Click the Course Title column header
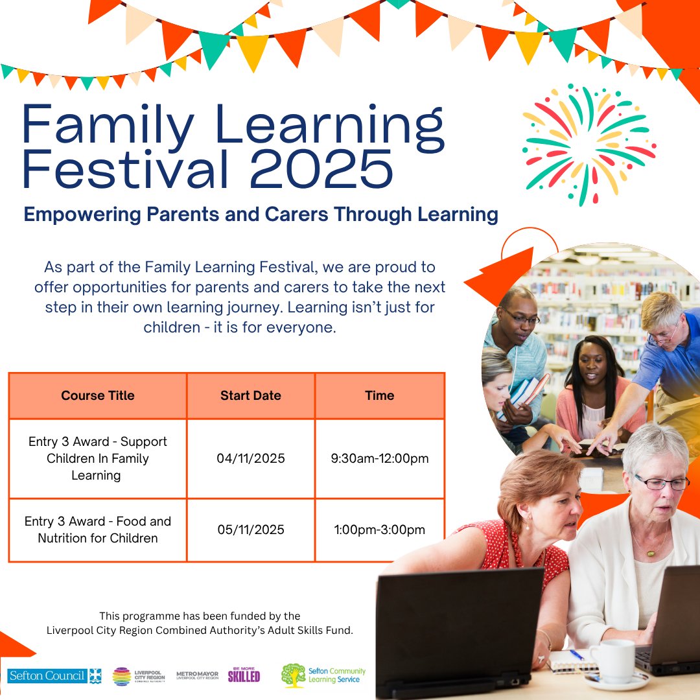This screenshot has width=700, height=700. click(x=98, y=395)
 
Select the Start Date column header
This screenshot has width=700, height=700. click(x=251, y=395)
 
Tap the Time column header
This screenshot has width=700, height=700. click(x=380, y=395)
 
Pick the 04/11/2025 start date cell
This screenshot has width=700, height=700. click(x=251, y=459)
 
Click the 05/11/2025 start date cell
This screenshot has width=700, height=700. click(x=251, y=530)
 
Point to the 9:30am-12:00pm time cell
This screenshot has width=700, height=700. click(x=380, y=459)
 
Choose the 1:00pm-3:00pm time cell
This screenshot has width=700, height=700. click(x=380, y=530)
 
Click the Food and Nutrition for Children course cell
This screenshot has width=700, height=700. click(x=98, y=530)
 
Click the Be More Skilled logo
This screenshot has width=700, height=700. click(x=244, y=675)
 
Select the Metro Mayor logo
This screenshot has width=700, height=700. click(x=198, y=675)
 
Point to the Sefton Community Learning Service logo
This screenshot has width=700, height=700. click(x=324, y=675)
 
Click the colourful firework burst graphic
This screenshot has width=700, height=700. click(x=589, y=144)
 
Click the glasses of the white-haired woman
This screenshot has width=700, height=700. click(x=660, y=483)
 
